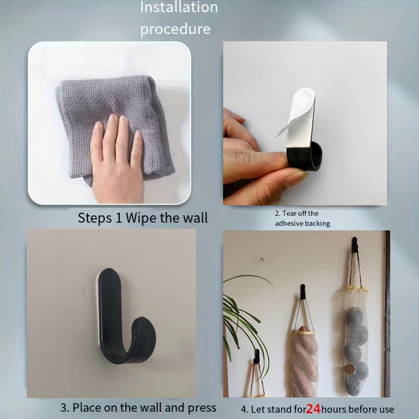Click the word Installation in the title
tap(179, 7)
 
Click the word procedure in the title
tap(175, 28)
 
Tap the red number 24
tap(313, 409)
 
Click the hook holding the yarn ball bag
tap(355, 244)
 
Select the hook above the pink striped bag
tap(302, 291)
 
